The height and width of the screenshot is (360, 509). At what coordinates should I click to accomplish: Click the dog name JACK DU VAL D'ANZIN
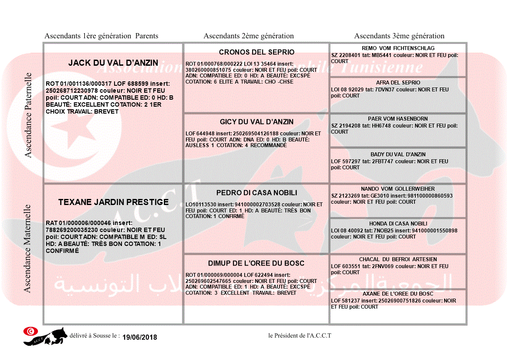coord(113,63)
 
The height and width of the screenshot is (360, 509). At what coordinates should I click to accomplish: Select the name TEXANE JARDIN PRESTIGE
coord(113,202)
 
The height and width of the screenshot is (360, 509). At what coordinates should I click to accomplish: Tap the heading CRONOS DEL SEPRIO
coord(256,52)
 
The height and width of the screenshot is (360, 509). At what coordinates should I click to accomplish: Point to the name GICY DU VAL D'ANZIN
coord(256,122)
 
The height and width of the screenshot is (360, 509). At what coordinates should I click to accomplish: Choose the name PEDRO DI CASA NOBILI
coord(256,193)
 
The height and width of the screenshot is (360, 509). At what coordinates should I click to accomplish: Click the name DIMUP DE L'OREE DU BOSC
coord(256,263)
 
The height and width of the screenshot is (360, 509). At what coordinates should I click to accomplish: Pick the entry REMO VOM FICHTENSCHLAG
coord(398,48)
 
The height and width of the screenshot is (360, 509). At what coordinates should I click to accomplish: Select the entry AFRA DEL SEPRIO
coord(398,83)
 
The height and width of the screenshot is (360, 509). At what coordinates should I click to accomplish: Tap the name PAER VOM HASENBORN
coord(398,119)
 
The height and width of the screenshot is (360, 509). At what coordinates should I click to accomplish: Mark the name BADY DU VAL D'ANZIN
coord(398,155)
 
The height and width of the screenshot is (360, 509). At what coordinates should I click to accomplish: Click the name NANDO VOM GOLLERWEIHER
coord(398,189)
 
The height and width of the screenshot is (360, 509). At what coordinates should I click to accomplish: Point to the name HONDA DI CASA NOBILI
coord(398,224)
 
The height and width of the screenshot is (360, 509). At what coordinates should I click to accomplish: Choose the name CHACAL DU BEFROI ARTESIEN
coord(398,259)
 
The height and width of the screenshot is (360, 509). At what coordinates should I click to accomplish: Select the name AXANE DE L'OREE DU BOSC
coord(398,294)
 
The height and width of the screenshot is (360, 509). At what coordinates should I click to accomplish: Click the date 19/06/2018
coord(140,337)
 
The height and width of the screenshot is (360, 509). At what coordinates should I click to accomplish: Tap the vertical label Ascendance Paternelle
coord(28,115)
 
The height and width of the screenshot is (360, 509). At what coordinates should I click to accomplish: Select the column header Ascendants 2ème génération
coord(249,36)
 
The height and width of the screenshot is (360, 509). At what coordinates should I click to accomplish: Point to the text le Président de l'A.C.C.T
coord(300,335)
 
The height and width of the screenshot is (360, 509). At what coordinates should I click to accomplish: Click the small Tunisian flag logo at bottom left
coord(30,331)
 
